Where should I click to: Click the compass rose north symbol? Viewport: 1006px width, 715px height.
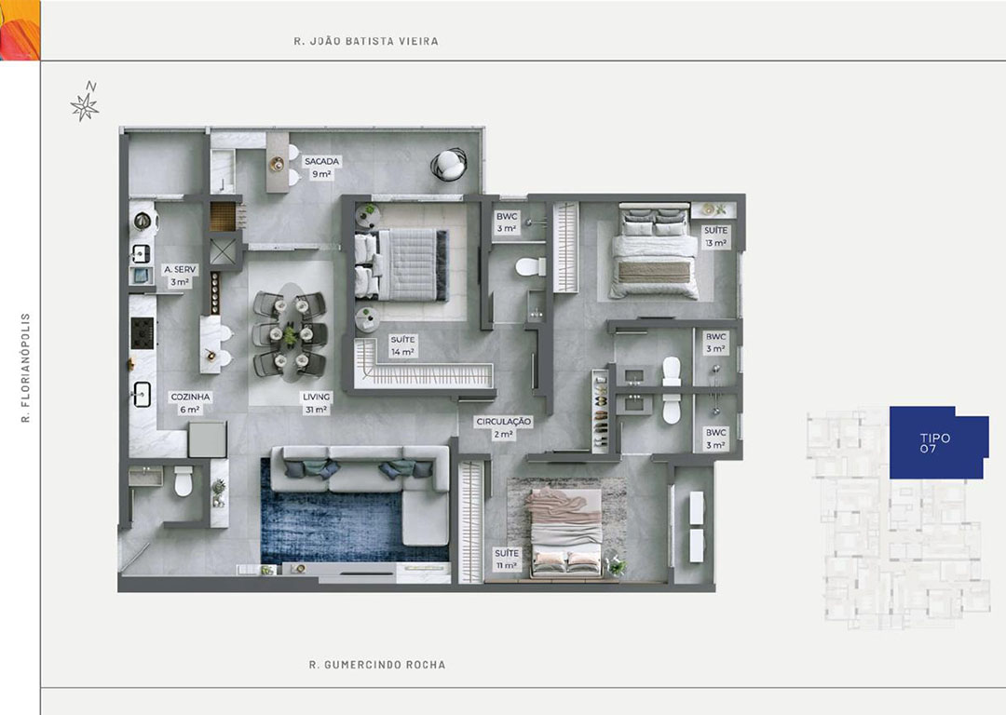pos(85,102)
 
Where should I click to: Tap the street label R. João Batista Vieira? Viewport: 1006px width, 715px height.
pos(366,41)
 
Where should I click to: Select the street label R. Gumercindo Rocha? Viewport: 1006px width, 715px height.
pos(377,665)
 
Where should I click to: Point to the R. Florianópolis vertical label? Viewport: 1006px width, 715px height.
pos(26,368)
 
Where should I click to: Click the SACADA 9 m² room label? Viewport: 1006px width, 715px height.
pos(321,168)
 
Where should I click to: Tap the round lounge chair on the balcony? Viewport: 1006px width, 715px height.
pos(448,165)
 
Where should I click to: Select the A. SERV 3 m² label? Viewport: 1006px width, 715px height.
pos(180,276)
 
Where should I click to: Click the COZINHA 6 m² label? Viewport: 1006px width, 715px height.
pos(190,403)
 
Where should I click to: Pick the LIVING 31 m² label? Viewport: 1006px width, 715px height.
pos(317,403)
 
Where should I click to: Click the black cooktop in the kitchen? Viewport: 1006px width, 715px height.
pos(143,333)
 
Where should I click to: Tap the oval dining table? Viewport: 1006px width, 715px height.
pos(291,332)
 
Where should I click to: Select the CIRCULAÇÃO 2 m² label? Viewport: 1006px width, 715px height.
pos(504,427)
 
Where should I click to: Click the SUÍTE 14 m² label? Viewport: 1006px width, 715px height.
pos(403,345)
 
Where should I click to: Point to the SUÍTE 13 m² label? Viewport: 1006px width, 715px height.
pos(716,236)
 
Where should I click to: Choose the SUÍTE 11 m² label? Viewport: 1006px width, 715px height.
pos(507,560)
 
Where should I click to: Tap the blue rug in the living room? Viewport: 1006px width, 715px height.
pos(347,513)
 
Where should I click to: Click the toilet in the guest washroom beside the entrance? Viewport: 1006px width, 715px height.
pos(184,481)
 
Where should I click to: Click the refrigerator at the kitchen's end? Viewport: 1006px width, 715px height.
pos(207,439)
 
